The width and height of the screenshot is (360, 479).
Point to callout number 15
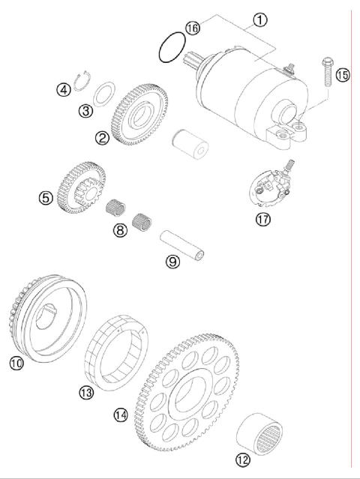pos(343,75)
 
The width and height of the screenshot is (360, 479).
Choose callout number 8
pos(120,231)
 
